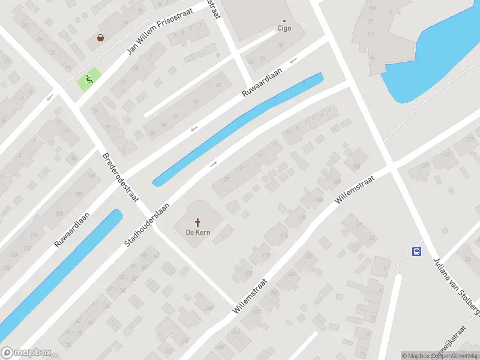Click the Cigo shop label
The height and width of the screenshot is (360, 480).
point(284,28)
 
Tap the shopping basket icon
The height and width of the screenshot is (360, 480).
point(100,38)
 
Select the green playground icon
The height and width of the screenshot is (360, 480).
point(89,79)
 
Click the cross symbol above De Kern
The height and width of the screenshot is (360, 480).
point(197,221)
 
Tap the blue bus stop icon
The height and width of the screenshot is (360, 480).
point(416,251)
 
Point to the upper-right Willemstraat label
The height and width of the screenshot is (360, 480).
point(355,189)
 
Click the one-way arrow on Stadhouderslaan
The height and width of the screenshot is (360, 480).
point(213,164)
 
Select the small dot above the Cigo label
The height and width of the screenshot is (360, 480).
point(284,19)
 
